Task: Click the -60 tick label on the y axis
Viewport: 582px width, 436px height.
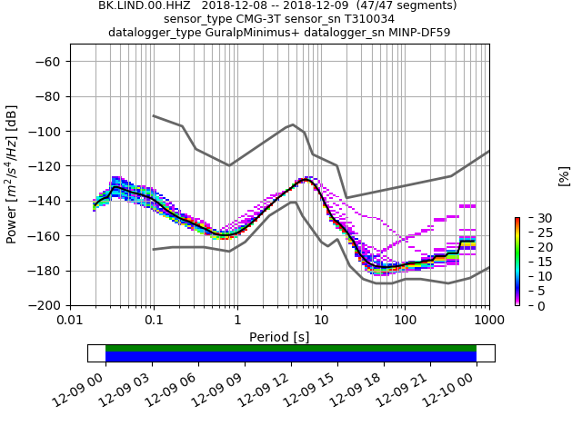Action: pos(47,62)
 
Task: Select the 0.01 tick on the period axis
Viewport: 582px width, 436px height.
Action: pos(70,321)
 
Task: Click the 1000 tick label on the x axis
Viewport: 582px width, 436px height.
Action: pos(489,321)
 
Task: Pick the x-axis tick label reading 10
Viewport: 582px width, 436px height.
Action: pos(321,321)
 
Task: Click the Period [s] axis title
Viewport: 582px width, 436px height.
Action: pos(279,337)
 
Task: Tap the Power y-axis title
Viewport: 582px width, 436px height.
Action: pos(12,174)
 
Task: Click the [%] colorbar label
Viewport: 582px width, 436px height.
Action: pos(564,175)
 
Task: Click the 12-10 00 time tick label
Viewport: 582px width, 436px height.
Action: pos(460,385)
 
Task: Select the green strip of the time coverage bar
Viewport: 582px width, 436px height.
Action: pos(291,348)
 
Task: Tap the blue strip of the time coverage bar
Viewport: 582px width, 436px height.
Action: pos(291,357)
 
